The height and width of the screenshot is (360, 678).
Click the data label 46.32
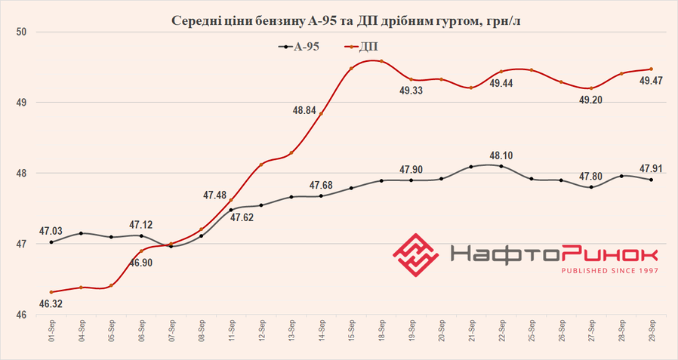(x=51, y=304)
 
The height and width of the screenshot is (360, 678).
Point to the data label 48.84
(x=306, y=110)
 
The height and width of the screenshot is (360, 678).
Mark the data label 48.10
(x=501, y=156)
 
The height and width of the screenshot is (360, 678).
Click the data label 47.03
(x=51, y=232)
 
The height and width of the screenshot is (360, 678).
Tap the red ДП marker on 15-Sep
(x=351, y=69)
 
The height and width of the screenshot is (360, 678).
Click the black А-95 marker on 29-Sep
(x=651, y=180)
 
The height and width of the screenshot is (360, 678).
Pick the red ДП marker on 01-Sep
(x=51, y=292)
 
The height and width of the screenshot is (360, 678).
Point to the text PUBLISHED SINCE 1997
(x=609, y=270)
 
